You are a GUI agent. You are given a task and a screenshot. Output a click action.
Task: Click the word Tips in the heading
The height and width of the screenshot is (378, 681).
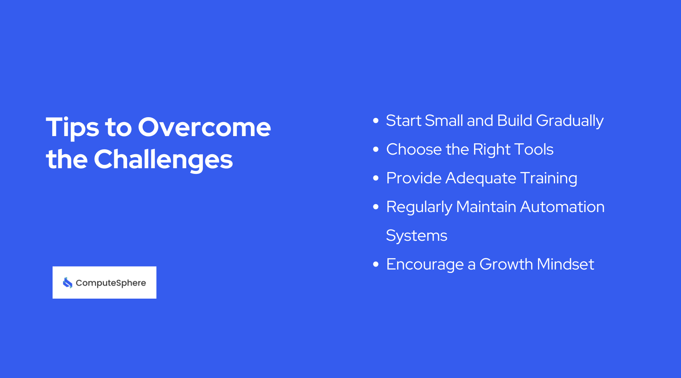tap(72, 128)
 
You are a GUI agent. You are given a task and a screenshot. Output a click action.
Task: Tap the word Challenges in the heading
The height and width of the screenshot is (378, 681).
tap(163, 159)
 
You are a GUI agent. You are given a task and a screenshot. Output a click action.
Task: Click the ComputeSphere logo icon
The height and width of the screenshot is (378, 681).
tap(68, 283)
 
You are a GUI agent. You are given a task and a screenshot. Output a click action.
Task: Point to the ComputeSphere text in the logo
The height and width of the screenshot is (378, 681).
tap(110, 283)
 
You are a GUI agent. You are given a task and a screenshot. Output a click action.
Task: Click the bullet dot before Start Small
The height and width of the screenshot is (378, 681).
tap(376, 121)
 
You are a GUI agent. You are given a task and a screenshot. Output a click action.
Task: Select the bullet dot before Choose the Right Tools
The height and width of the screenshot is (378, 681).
tap(376, 149)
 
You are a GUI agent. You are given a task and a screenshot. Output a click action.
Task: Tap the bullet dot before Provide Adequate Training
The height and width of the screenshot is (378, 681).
tap(376, 178)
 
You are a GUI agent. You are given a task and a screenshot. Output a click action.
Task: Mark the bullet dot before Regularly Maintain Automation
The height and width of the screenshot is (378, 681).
tap(376, 207)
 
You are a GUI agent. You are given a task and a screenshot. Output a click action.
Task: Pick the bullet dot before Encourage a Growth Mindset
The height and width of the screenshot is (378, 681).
tap(376, 264)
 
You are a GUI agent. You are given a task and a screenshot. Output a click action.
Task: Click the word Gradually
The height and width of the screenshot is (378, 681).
tap(569, 121)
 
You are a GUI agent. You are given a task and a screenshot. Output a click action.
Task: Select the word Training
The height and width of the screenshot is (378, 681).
tap(549, 178)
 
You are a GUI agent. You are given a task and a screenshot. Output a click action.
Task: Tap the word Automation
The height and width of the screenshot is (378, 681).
tap(562, 207)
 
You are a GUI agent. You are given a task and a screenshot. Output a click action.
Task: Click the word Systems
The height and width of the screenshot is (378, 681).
tap(417, 236)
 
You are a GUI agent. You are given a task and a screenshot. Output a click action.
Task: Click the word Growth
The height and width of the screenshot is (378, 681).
tap(506, 264)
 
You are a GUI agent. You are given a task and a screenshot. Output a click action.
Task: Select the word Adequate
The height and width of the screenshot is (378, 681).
tap(480, 178)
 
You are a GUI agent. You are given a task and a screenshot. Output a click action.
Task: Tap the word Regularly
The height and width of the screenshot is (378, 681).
tap(419, 207)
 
